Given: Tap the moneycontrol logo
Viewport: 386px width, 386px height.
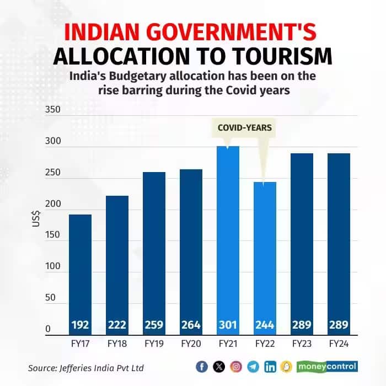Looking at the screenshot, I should [x=328, y=366].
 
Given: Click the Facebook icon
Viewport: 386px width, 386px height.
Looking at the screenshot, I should [x=202, y=366].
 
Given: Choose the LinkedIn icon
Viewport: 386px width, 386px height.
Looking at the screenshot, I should [x=270, y=366].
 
